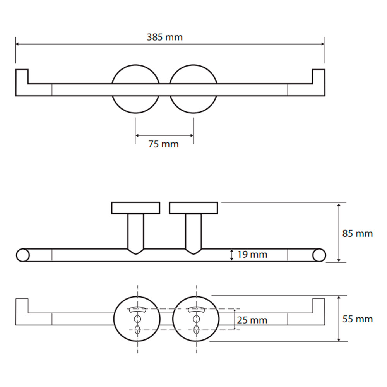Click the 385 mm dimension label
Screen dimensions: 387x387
pos(164,37)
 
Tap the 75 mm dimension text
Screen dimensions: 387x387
pos(163,144)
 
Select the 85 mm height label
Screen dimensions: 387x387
pos(357,233)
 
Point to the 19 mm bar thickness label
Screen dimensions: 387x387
pos(252,255)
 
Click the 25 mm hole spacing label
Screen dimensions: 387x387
pos(252,320)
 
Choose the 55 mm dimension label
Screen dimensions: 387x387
pos(357,319)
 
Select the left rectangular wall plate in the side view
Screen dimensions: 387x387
pos(135,208)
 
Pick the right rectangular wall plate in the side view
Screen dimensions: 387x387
pos(193,208)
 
